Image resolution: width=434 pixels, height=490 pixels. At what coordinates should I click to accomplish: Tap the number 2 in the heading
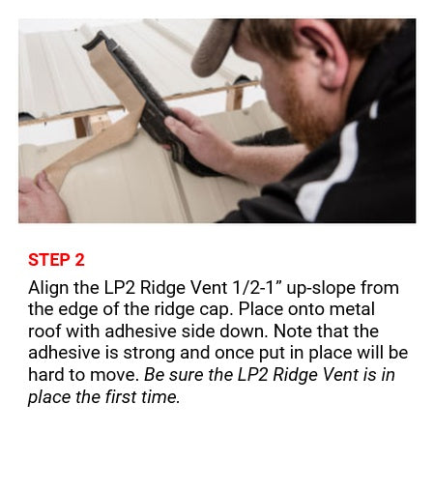point(79,260)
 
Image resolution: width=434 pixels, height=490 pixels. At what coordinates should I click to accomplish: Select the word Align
point(48,288)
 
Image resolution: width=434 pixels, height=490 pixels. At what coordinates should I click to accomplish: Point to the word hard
point(46,375)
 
